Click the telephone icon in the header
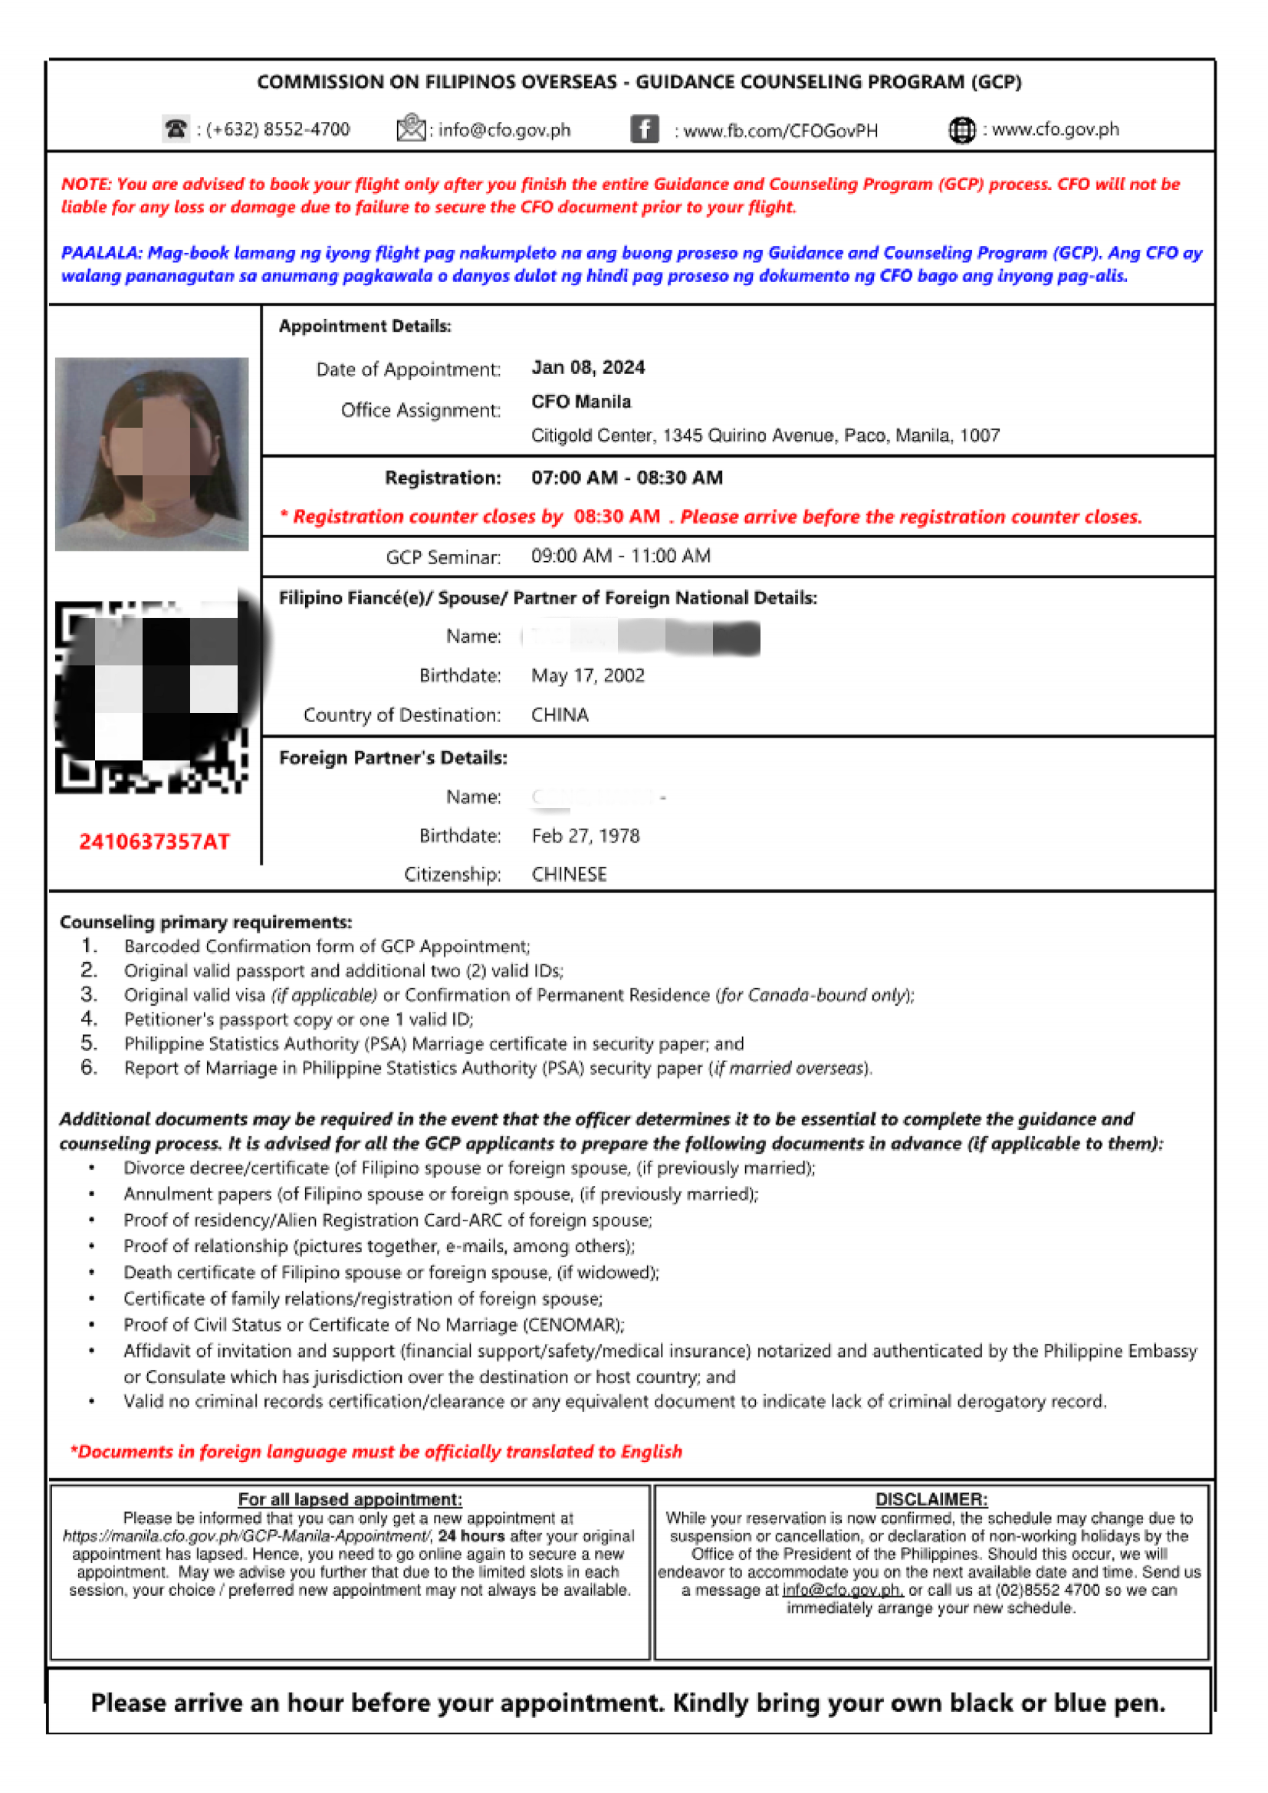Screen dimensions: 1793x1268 (176, 128)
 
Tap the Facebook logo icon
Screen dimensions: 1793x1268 (644, 129)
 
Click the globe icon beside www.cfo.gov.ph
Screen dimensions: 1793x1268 (961, 130)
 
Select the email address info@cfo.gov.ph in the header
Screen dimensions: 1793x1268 (504, 130)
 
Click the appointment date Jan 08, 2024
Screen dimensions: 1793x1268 (588, 368)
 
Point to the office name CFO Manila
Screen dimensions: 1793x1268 (581, 402)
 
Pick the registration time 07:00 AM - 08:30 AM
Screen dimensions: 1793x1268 (627, 478)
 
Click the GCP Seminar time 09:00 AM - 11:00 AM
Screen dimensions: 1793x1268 (621, 556)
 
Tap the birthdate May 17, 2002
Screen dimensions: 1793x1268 (588, 675)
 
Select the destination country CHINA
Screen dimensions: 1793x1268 (560, 715)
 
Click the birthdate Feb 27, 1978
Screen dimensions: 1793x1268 (586, 836)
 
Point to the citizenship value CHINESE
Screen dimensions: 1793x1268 (569, 875)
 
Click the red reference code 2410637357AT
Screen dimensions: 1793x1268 (155, 842)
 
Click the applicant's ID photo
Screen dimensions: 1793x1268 (153, 454)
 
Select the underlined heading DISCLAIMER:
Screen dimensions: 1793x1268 (931, 1499)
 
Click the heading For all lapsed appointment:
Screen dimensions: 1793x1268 (350, 1499)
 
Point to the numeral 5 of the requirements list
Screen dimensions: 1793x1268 (89, 1043)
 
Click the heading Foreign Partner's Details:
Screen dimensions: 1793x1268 (393, 758)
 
